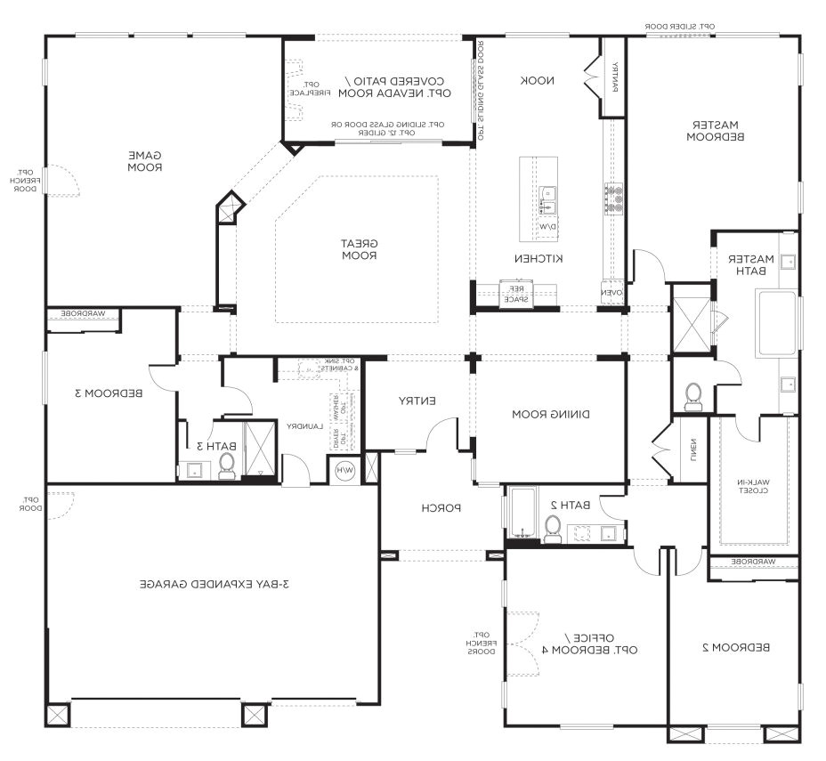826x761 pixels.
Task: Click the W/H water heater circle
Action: click(x=344, y=470)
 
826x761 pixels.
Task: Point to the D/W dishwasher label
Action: click(x=546, y=227)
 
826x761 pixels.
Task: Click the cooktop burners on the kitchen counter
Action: click(x=614, y=199)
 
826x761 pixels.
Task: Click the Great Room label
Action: click(x=360, y=249)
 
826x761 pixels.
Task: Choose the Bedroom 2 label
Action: click(x=736, y=647)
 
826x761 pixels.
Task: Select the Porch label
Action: click(x=441, y=508)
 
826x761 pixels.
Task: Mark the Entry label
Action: click(x=417, y=401)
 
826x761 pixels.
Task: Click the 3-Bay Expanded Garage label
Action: click(x=215, y=585)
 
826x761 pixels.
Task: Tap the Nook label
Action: click(x=538, y=80)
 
